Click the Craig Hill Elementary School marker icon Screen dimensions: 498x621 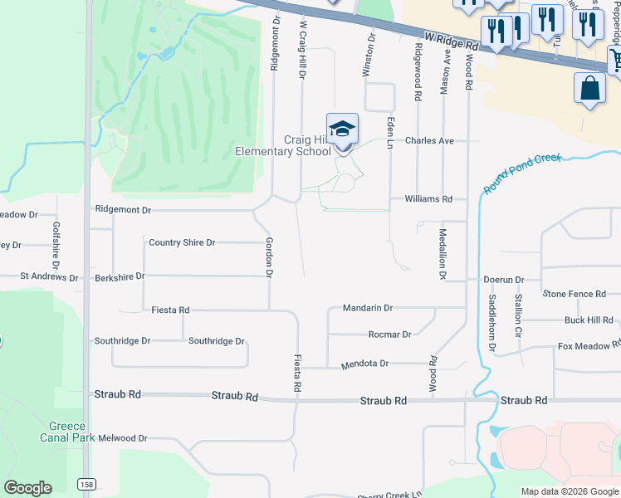pyautogui.click(x=342, y=129)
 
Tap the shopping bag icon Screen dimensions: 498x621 pyautogui.click(x=589, y=89)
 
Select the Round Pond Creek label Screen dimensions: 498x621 pyautogui.click(x=523, y=173)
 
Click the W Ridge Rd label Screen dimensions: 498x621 pyautogui.click(x=452, y=40)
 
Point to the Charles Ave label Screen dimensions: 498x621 pyautogui.click(x=429, y=141)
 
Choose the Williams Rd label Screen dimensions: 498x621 pyautogui.click(x=428, y=199)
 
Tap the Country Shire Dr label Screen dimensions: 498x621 pyautogui.click(x=182, y=242)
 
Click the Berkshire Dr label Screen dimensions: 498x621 pyautogui.click(x=120, y=276)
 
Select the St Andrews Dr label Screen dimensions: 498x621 pyautogui.click(x=49, y=277)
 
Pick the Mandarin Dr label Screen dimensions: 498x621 pyautogui.click(x=367, y=308)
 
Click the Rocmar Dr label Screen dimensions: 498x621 pyautogui.click(x=389, y=334)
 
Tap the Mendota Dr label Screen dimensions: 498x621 pyautogui.click(x=364, y=364)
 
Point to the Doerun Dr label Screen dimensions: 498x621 pyautogui.click(x=504, y=281)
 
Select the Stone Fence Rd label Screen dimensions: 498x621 pyautogui.click(x=575, y=294)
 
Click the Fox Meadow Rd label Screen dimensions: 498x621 pyautogui.click(x=584, y=346)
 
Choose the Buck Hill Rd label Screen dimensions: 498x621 pyautogui.click(x=589, y=320)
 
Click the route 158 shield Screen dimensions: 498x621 pyautogui.click(x=86, y=483)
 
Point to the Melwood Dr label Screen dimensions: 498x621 pyautogui.click(x=121, y=438)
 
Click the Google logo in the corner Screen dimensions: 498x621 pyautogui.click(x=27, y=488)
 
